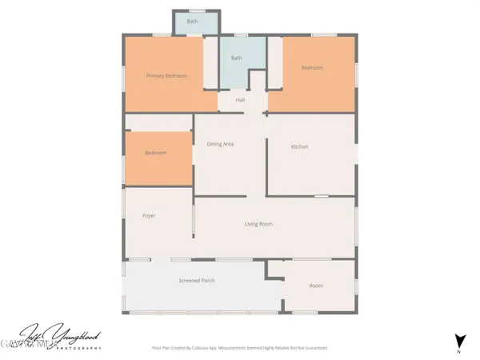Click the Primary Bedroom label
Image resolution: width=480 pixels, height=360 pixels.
[166, 76]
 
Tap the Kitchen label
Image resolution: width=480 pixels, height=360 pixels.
[299, 147]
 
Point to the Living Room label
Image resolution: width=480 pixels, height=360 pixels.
[258, 224]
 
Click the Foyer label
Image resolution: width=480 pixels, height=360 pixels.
[149, 216]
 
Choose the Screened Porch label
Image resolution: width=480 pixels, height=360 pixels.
[196, 281]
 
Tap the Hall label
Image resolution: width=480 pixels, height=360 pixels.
[240, 100]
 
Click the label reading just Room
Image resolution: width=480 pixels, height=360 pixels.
[316, 286]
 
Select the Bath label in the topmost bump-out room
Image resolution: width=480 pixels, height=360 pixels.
[192, 22]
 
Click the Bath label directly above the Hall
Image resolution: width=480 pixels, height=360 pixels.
[236, 58]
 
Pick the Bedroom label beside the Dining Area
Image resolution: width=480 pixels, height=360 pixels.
[155, 153]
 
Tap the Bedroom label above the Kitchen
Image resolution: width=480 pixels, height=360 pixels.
[312, 68]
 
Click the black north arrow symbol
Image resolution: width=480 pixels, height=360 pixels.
[459, 338]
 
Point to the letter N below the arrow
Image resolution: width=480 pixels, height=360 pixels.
[459, 351]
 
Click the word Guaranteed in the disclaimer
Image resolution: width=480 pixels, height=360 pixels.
[315, 348]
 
